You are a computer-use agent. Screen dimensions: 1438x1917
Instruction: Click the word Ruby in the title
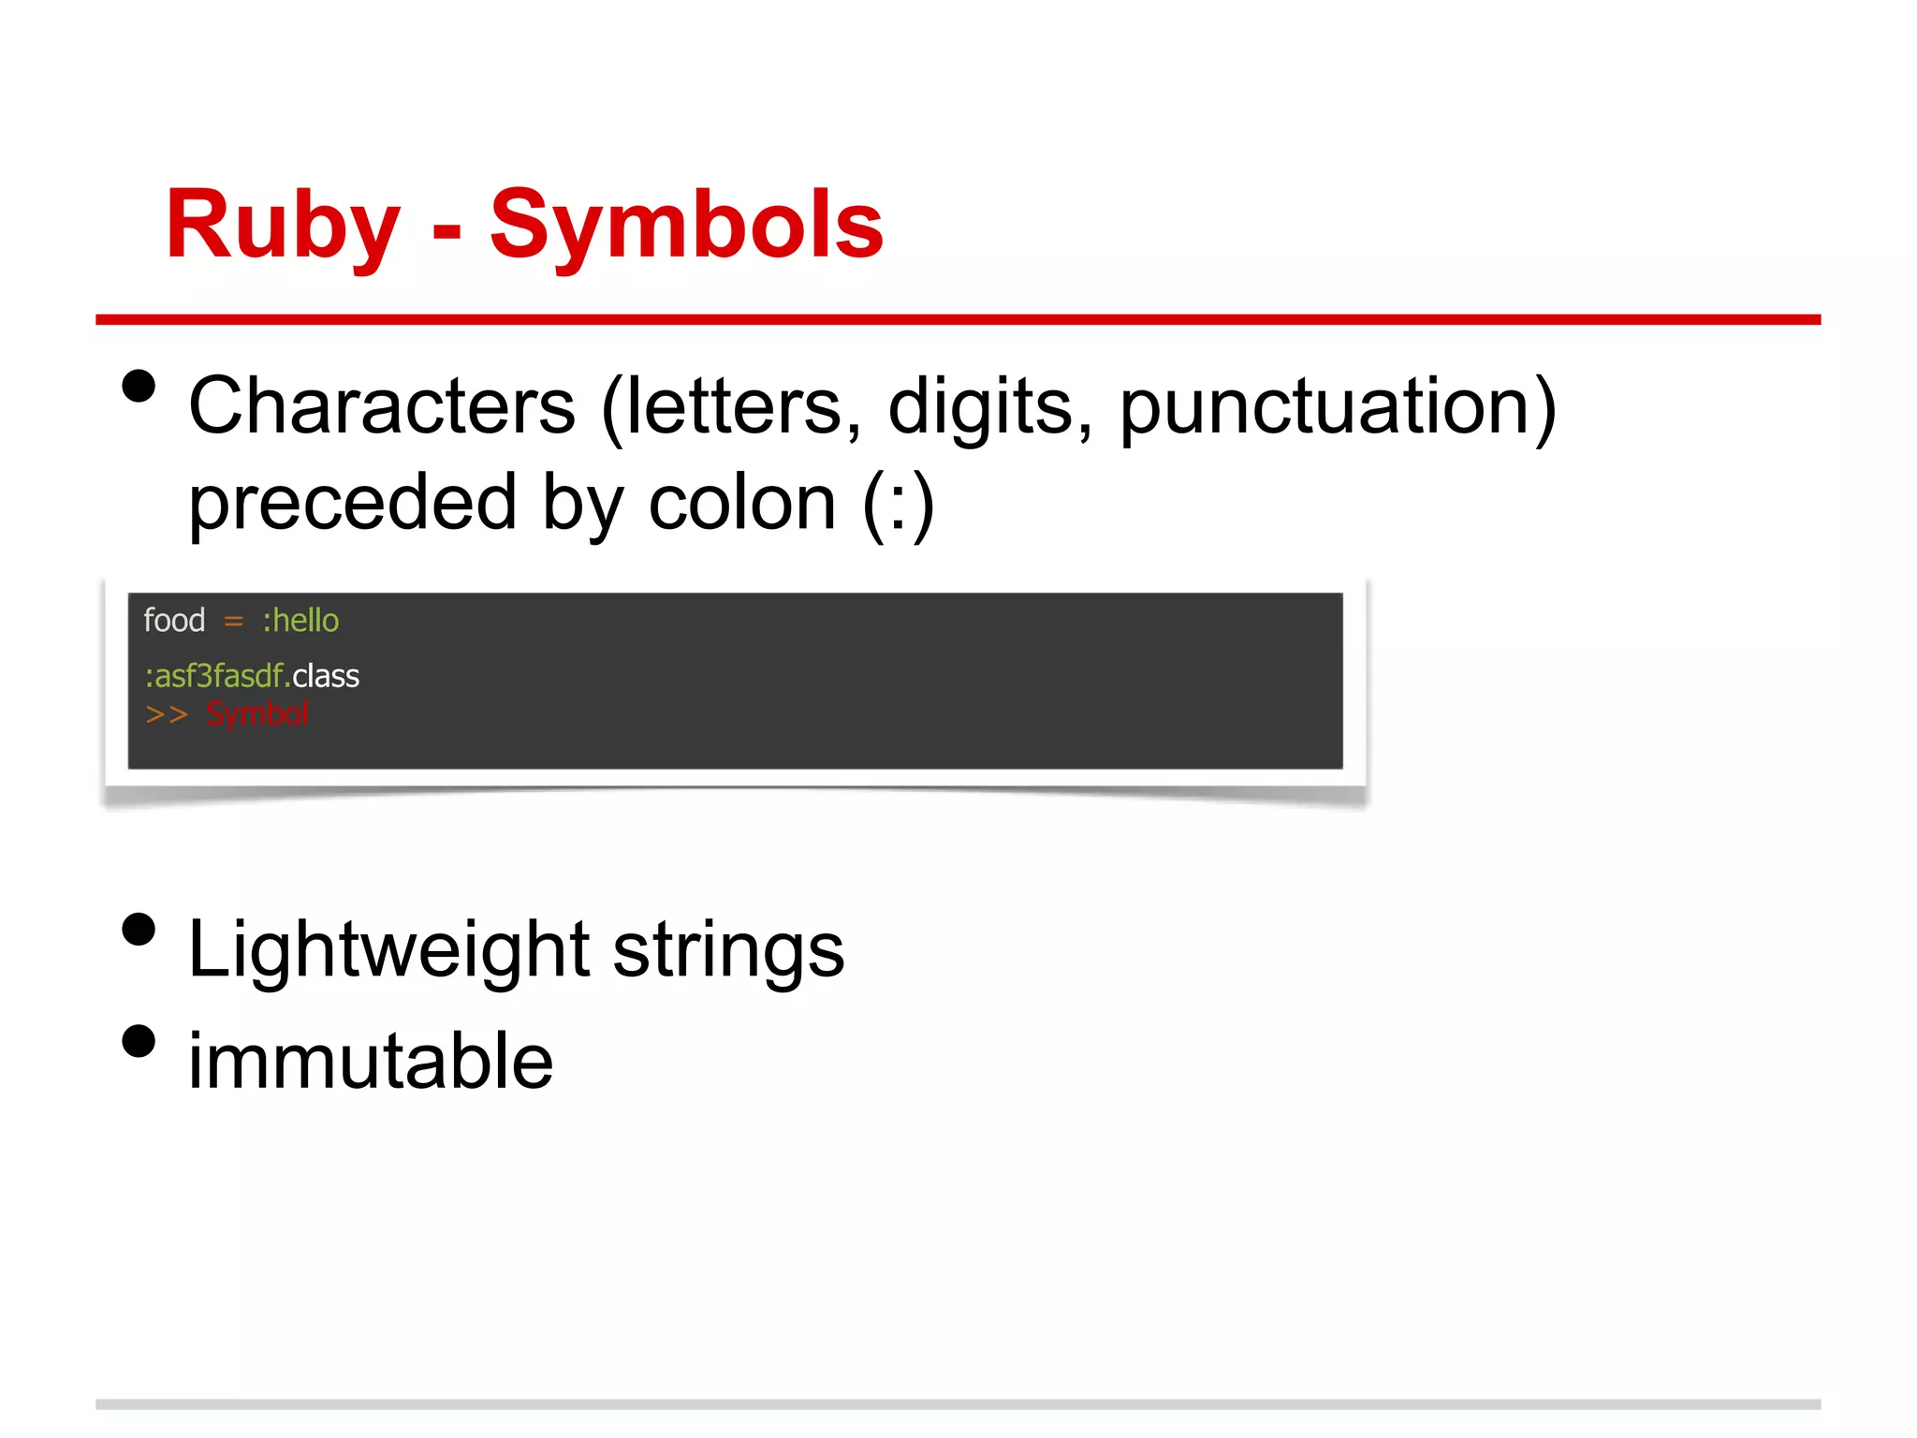[x=282, y=225]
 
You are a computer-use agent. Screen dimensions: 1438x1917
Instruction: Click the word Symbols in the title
[x=686, y=225]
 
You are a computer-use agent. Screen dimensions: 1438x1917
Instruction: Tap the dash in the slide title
[x=446, y=230]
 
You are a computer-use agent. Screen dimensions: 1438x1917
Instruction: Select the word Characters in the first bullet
[x=382, y=406]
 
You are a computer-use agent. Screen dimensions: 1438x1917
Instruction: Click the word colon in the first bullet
[x=741, y=503]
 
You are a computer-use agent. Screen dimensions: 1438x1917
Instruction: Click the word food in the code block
[x=174, y=621]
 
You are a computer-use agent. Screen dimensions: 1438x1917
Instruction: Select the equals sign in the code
[x=233, y=622]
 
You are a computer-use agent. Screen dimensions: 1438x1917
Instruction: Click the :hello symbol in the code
[x=300, y=621]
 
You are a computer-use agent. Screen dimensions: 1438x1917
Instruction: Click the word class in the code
[x=326, y=676]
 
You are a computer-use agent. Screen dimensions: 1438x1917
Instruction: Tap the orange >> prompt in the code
[x=167, y=715]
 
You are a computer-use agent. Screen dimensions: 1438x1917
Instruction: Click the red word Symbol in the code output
[x=256, y=714]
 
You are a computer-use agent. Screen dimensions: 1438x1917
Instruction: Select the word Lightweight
[x=388, y=950]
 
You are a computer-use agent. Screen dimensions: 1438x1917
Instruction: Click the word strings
[x=728, y=950]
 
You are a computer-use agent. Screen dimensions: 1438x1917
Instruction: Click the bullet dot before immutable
[x=139, y=1040]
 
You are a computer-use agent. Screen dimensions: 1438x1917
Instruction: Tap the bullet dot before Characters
[x=139, y=386]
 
